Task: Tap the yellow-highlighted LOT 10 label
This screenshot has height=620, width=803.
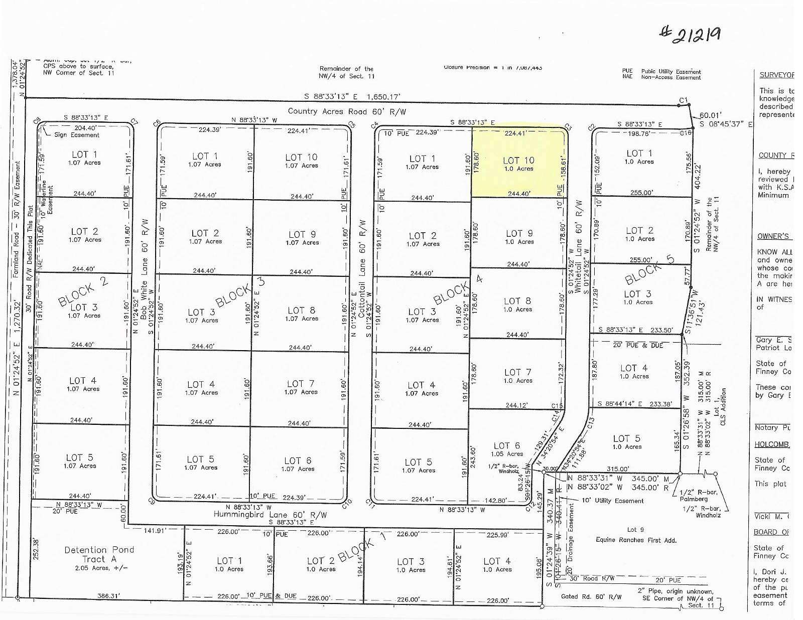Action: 518,161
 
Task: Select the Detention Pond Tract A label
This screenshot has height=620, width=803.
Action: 99,555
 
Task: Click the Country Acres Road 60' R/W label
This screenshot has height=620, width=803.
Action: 347,111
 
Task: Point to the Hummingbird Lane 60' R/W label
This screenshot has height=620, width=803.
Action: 270,515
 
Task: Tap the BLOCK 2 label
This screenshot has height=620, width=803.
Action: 83,291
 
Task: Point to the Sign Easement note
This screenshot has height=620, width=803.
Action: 77,135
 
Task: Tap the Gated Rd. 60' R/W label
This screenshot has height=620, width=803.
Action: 591,597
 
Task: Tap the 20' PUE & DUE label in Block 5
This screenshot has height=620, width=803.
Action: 638,345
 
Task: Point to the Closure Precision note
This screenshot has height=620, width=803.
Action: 492,67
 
